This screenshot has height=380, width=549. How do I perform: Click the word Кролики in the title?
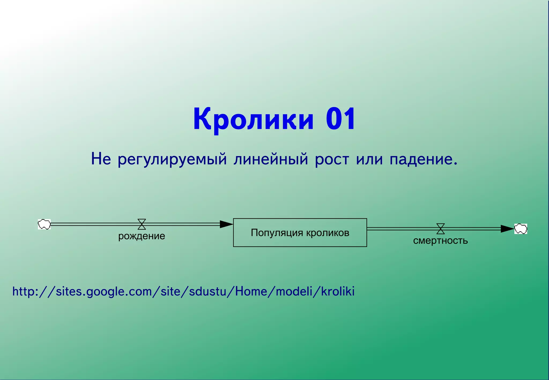tap(253, 119)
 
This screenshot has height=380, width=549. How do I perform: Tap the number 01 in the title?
tap(341, 119)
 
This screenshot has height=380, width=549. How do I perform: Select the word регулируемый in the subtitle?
tap(172, 159)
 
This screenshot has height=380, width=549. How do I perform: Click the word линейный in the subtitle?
tap(271, 159)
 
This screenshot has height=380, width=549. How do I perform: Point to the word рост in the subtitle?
tap(332, 159)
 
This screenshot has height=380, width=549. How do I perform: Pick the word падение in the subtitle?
tap(423, 159)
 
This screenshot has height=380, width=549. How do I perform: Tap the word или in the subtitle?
tap(369, 159)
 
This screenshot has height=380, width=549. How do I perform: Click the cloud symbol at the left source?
tap(44, 224)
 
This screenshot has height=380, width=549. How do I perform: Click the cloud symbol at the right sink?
tap(521, 229)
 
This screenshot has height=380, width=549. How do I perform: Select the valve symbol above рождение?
tap(142, 224)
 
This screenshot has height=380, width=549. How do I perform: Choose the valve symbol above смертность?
tap(440, 229)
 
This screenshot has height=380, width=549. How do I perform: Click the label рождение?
tap(142, 236)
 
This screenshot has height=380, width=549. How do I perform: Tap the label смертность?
tap(440, 240)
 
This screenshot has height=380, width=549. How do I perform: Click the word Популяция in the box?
tap(277, 233)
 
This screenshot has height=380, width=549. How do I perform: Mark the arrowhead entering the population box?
tap(226, 224)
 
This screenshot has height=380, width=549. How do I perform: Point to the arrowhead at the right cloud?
tap(507, 229)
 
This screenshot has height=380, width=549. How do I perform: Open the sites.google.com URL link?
tap(183, 291)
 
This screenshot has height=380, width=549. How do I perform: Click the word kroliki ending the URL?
tap(338, 291)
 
